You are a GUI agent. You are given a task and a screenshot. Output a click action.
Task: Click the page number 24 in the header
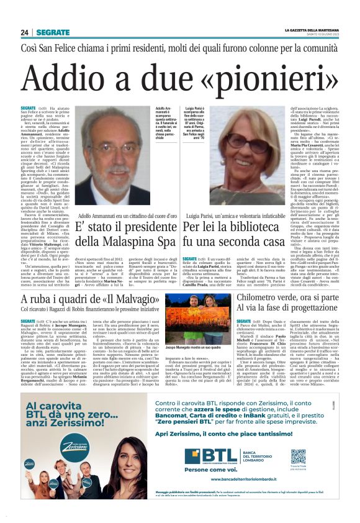24,32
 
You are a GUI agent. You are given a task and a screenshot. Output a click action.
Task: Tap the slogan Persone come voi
214,471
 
